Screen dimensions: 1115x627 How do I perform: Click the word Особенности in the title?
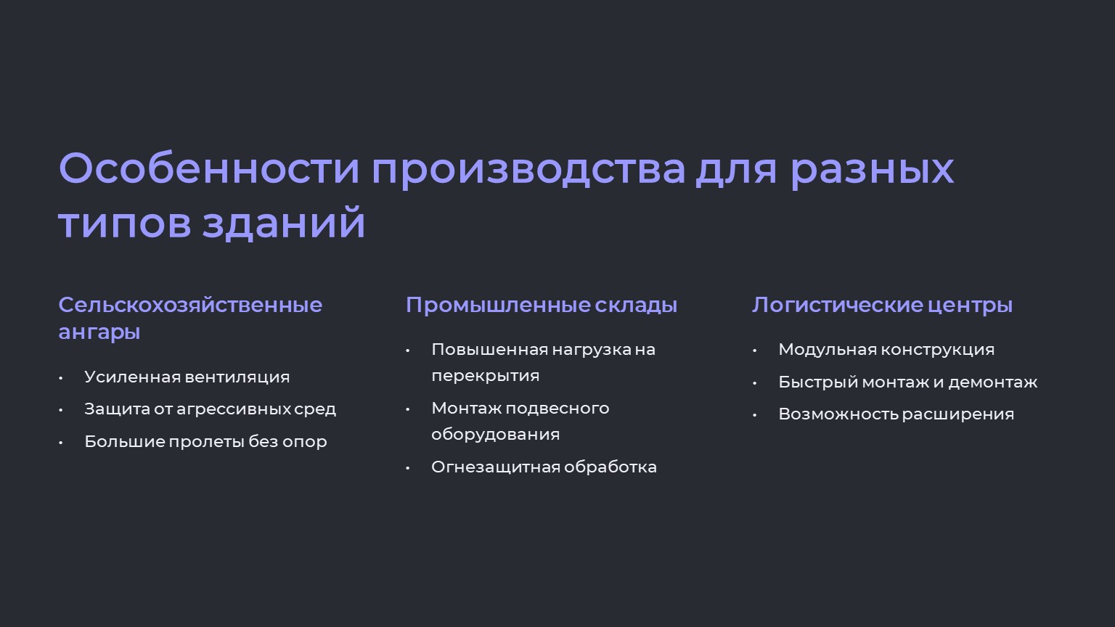point(209,168)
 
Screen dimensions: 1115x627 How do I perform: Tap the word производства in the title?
point(528,172)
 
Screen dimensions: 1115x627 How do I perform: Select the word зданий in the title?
point(284,222)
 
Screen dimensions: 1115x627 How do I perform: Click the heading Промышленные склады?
point(541,305)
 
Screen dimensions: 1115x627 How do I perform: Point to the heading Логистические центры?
point(882,305)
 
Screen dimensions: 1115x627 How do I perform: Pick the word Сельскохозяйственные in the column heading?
point(190,305)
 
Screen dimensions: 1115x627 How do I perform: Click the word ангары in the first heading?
point(99,332)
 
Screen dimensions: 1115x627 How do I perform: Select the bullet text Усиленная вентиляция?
point(187,377)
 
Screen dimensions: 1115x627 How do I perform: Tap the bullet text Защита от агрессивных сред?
point(210,409)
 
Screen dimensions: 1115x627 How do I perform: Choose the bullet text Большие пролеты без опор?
point(205,441)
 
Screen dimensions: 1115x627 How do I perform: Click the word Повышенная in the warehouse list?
point(489,350)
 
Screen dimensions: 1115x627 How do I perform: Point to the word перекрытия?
point(486,376)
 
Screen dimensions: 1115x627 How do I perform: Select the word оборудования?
point(495,435)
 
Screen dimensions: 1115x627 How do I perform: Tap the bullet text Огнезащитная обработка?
point(544,467)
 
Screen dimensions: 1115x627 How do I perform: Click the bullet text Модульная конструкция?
point(886,350)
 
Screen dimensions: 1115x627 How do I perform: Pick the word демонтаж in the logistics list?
point(992,382)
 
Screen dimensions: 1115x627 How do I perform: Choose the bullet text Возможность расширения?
point(896,414)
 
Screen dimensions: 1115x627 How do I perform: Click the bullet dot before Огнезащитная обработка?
point(408,468)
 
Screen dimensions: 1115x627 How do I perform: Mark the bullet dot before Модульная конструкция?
point(755,351)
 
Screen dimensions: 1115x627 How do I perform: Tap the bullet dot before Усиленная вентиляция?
point(61,378)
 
